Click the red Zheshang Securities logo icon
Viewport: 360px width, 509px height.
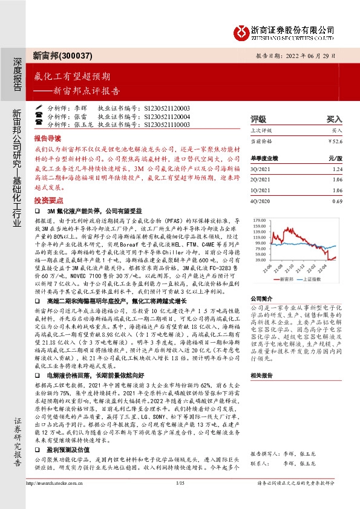(243, 30)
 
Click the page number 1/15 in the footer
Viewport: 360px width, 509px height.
(180, 499)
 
